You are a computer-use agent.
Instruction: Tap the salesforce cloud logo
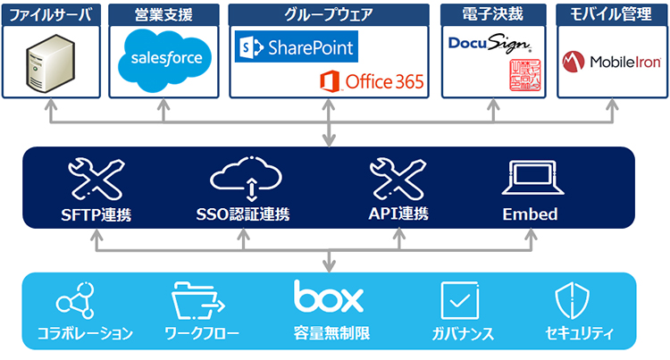point(162,56)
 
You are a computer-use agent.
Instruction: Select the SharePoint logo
point(295,46)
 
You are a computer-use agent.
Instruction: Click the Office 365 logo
point(373,82)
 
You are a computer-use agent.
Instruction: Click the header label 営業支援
point(162,14)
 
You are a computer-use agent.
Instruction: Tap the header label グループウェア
point(328,14)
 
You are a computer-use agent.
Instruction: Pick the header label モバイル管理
point(611,14)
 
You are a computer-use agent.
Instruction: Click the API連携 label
point(398,214)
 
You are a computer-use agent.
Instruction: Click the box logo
point(330,298)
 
